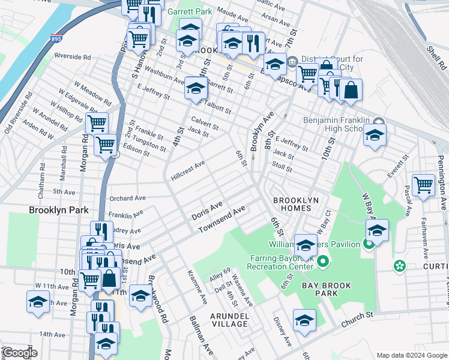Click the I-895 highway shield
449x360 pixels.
coord(56,37)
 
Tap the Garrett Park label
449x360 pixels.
coord(191,11)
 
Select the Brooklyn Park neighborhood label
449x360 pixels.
coord(59,211)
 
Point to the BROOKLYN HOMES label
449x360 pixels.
coord(292,204)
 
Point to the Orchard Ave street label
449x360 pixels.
coord(127,197)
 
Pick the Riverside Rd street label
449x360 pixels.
coord(72,57)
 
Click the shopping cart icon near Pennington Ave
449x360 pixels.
coord(423,185)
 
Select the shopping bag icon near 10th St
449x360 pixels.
coord(351,90)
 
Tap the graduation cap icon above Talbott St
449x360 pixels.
coord(196,88)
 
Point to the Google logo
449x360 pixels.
coord(20,353)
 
